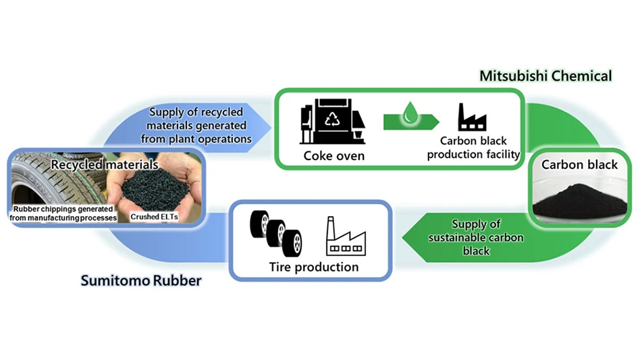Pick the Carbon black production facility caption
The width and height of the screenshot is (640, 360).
pos(479,148)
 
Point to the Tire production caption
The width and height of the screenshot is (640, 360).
pos(311,267)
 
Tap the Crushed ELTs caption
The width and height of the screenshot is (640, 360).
pos(152,215)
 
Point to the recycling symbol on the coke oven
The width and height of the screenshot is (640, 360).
pos(334,119)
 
